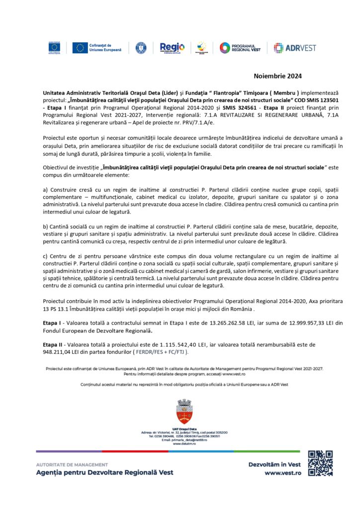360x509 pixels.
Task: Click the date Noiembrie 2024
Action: click(x=278, y=76)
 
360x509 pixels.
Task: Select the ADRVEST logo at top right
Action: click(x=291, y=48)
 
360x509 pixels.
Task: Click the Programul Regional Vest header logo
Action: click(x=240, y=48)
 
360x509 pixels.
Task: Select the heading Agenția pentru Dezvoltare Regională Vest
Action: click(x=105, y=472)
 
